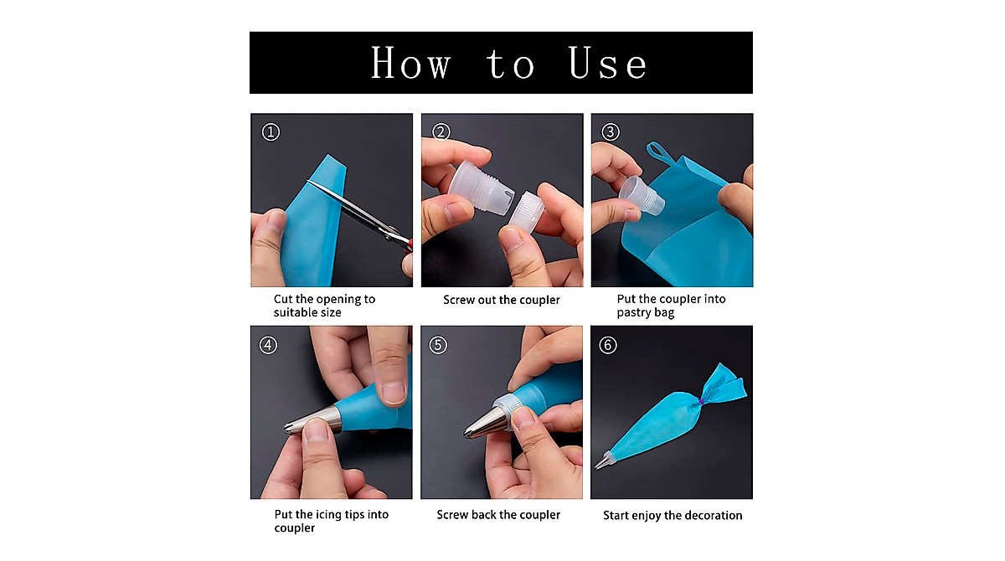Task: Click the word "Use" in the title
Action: pyautogui.click(x=608, y=64)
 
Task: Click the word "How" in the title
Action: pyautogui.click(x=411, y=64)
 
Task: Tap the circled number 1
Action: pyautogui.click(x=270, y=131)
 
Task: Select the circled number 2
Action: pyautogui.click(x=441, y=131)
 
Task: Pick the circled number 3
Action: pyautogui.click(x=611, y=131)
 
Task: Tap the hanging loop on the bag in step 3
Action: pyautogui.click(x=659, y=153)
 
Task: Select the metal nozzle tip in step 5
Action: pyautogui.click(x=484, y=423)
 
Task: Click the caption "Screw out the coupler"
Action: pyautogui.click(x=502, y=300)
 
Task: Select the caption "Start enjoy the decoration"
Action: pyautogui.click(x=673, y=516)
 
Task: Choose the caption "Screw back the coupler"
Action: pyautogui.click(x=498, y=515)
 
